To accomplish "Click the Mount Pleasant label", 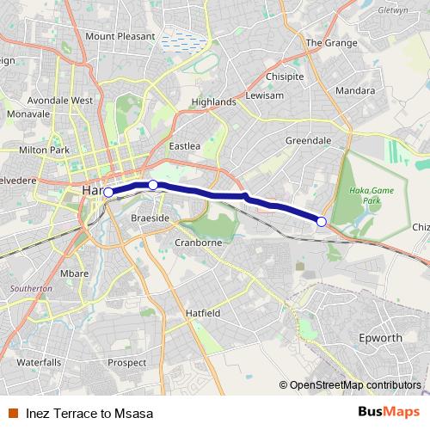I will point(120,36).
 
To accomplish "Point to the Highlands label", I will point(213,101).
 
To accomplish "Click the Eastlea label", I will point(185,146).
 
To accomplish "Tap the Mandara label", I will point(355,89).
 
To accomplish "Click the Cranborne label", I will point(199,243).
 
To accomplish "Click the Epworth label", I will point(379,338).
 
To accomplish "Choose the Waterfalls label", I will point(39,362).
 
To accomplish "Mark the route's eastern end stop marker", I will point(322,222).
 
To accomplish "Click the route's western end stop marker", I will point(108,193).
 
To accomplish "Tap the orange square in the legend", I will point(12,413).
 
